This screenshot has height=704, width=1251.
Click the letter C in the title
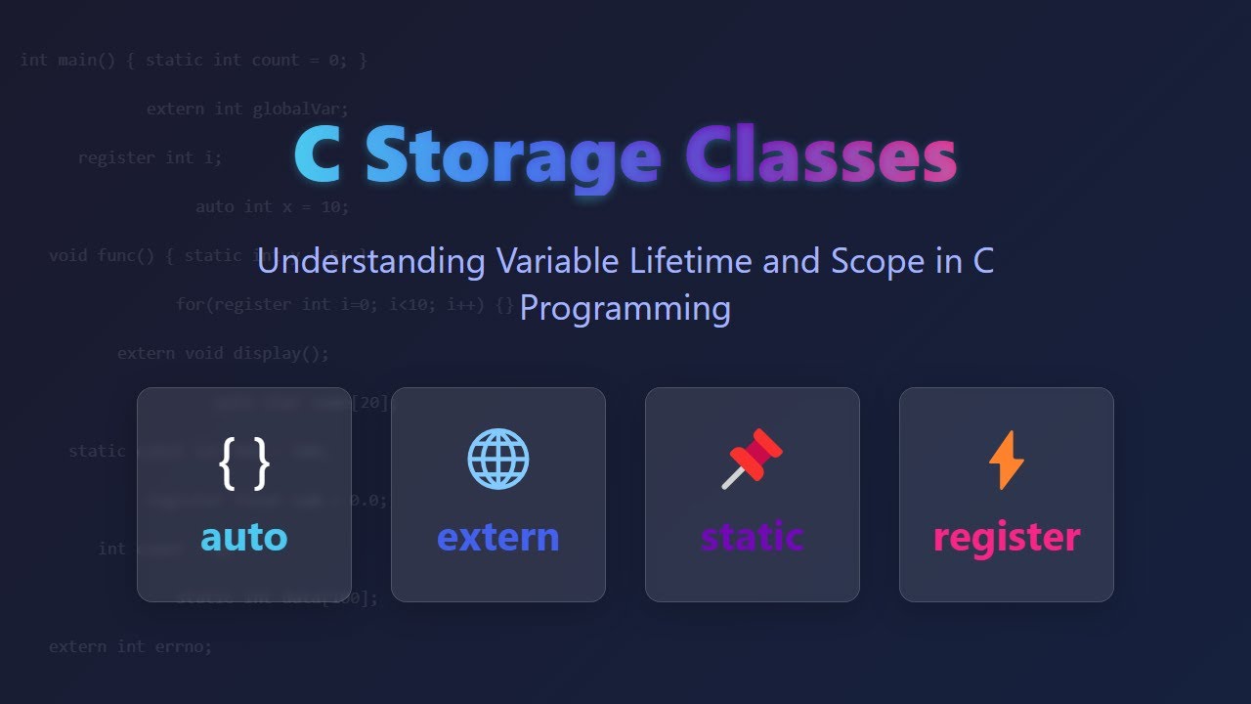pyautogui.click(x=318, y=156)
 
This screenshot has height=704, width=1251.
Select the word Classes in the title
pyautogui.click(x=821, y=156)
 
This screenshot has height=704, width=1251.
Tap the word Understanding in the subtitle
pyautogui.click(x=370, y=262)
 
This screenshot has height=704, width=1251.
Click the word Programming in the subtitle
pyautogui.click(x=625, y=308)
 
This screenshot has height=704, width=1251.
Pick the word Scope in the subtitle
pyautogui.click(x=879, y=262)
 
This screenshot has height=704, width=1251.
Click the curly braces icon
pyautogui.click(x=244, y=462)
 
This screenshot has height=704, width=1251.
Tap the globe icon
pyautogui.click(x=498, y=459)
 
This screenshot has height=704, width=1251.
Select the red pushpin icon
pyautogui.click(x=752, y=459)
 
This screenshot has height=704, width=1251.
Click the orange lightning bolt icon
pyautogui.click(x=1007, y=460)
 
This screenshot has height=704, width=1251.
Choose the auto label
pyautogui.click(x=244, y=537)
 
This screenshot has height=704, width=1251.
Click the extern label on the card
pyautogui.click(x=498, y=537)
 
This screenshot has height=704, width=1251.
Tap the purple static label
pyautogui.click(x=753, y=537)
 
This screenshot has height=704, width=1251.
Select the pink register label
pyautogui.click(x=1007, y=537)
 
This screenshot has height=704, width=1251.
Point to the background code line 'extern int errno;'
pyautogui.click(x=130, y=646)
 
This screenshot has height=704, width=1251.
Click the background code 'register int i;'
pyautogui.click(x=151, y=157)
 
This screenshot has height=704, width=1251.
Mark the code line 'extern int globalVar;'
pyautogui.click(x=247, y=109)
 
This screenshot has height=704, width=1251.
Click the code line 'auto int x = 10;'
pyautogui.click(x=272, y=206)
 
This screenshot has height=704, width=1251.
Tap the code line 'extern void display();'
pyautogui.click(x=223, y=353)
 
